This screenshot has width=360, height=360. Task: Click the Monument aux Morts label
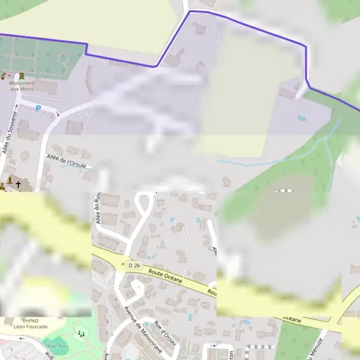(x=22, y=85)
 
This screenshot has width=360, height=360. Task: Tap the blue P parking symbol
(x=38, y=109)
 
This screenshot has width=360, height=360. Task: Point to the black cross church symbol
(x=18, y=185)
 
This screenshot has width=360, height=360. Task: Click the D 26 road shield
(x=134, y=265)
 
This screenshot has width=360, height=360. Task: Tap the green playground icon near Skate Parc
(x=80, y=334)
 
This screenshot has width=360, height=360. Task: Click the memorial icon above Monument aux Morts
(x=22, y=76)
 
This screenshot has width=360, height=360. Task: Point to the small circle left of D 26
(x=122, y=263)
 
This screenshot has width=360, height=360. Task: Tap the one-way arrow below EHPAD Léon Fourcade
(x=24, y=337)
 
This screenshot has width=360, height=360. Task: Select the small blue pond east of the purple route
(x=301, y=118)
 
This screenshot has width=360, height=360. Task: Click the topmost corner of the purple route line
(x=190, y=11)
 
